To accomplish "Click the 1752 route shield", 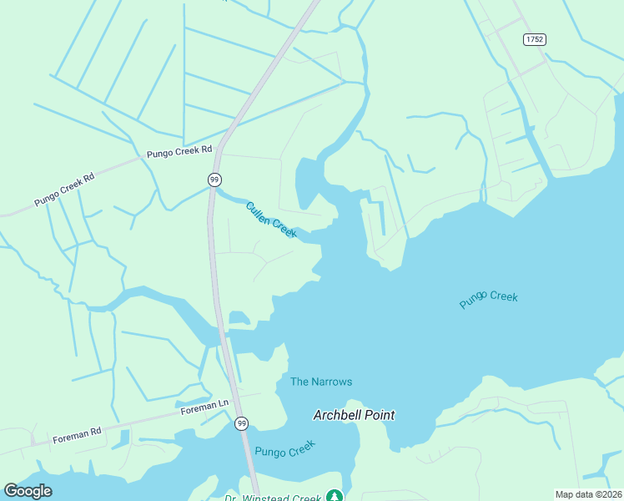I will tap(535, 39).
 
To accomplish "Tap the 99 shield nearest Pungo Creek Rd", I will tap(215, 180).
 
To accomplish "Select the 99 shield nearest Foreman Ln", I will tap(241, 423).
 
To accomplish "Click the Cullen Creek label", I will tap(271, 220).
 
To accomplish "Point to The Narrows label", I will tap(321, 382).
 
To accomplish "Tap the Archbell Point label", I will tap(354, 415).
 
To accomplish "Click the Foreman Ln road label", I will tap(205, 406).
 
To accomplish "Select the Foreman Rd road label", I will tap(77, 434).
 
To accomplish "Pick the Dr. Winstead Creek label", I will tap(273, 498).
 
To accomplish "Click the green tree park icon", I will tap(335, 496).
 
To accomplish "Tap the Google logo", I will tap(28, 491).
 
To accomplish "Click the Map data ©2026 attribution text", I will tap(587, 494).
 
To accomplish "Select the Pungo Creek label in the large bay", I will tap(489, 300).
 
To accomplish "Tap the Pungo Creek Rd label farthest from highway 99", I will tap(65, 190).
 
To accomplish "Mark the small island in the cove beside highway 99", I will tap(239, 317).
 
